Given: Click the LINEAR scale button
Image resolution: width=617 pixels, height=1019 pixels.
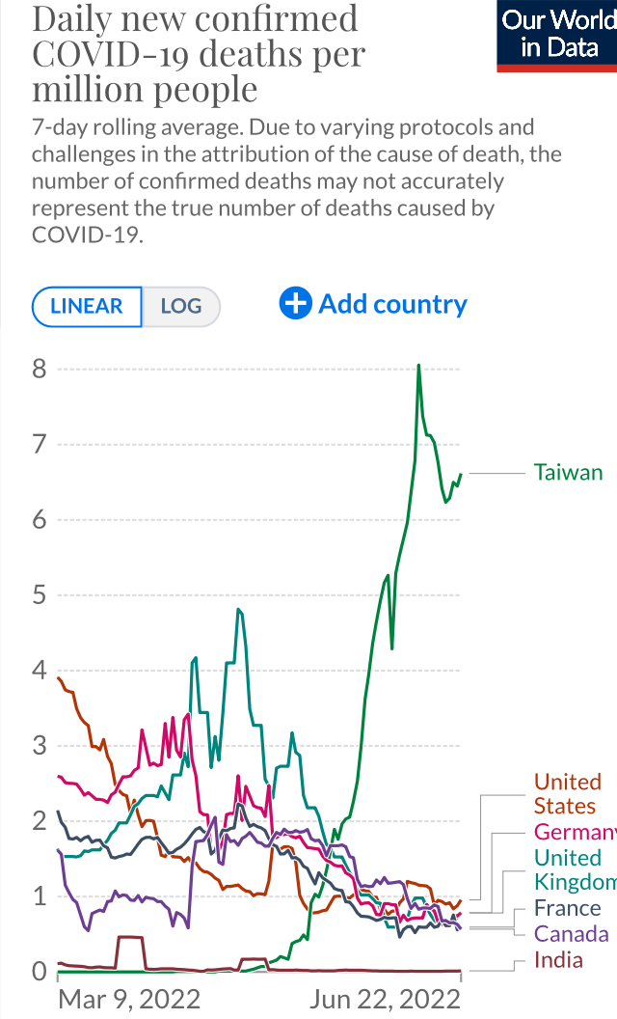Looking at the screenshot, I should pyautogui.click(x=87, y=307).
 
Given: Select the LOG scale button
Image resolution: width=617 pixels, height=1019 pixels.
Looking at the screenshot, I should pyautogui.click(x=181, y=307).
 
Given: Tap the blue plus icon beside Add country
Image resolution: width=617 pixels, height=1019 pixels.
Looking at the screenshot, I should pyautogui.click(x=295, y=304).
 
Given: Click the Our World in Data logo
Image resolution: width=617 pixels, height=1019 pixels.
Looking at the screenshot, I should pyautogui.click(x=558, y=34).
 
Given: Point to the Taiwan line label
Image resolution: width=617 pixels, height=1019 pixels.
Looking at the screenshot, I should pyautogui.click(x=568, y=473).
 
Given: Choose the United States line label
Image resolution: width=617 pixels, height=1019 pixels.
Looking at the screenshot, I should pyautogui.click(x=567, y=794).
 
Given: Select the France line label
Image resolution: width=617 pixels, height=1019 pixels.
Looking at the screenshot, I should pyautogui.click(x=567, y=908).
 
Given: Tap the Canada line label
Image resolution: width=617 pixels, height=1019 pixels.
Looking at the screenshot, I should pyautogui.click(x=571, y=933).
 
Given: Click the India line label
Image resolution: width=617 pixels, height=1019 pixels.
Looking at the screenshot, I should pyautogui.click(x=558, y=959).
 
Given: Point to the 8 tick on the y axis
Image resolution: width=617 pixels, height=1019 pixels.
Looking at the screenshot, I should pyautogui.click(x=39, y=369).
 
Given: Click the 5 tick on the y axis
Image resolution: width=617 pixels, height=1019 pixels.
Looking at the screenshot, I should pyautogui.click(x=39, y=594).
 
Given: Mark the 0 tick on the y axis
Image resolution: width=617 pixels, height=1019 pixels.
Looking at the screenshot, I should pyautogui.click(x=39, y=971).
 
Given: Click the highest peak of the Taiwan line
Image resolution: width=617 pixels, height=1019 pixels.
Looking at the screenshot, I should pyautogui.click(x=418, y=365).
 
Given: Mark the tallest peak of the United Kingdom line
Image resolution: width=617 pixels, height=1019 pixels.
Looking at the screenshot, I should pyautogui.click(x=237, y=610).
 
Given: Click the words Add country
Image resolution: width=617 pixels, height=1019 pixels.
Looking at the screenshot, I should pyautogui.click(x=392, y=304).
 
